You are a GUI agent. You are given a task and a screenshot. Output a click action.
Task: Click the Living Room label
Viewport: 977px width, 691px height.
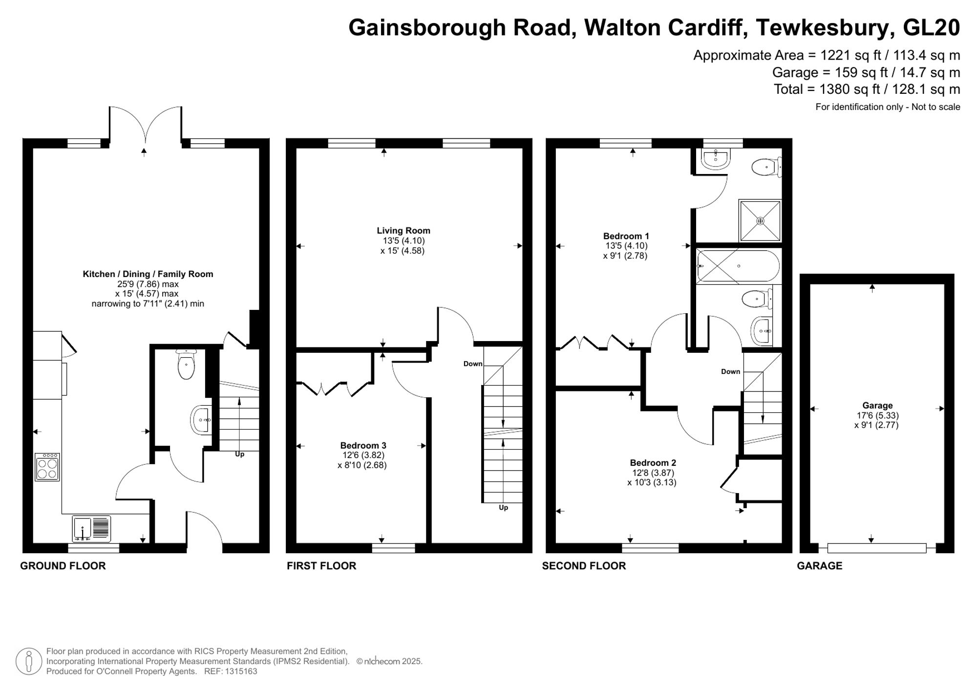[x=403, y=231]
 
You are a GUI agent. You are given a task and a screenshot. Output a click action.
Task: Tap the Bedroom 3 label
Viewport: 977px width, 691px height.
[x=363, y=445]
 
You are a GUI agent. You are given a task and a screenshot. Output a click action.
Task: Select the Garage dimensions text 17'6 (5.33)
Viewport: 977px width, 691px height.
[x=877, y=415]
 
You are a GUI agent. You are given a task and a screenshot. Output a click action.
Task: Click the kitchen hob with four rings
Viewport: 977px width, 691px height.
[x=47, y=467]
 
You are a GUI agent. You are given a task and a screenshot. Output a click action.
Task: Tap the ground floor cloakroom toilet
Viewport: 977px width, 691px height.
[x=186, y=365]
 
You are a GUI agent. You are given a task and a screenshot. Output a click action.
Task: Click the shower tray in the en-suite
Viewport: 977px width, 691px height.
[x=760, y=220]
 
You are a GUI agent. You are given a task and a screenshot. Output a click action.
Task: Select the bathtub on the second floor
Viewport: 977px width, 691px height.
[x=738, y=266]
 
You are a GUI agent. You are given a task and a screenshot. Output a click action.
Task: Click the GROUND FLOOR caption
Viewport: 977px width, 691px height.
[x=63, y=566]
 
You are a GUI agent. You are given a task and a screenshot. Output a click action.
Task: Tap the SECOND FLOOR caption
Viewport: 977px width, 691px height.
[x=584, y=566]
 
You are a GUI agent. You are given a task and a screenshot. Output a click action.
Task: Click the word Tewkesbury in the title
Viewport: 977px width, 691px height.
[x=825, y=28]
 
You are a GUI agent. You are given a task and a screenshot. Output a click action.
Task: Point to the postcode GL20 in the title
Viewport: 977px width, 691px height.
[x=931, y=28]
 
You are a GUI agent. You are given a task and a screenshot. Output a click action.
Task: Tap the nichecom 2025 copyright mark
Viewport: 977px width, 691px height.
[x=389, y=661]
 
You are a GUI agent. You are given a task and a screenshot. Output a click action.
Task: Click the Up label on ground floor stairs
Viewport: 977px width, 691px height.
[x=239, y=454]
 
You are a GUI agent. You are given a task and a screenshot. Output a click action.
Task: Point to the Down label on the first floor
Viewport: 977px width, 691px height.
[x=472, y=364]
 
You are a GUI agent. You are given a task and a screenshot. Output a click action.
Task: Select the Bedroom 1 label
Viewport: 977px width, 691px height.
[x=626, y=236]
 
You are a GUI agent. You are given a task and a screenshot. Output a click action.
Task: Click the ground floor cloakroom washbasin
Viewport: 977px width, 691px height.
[x=202, y=420]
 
